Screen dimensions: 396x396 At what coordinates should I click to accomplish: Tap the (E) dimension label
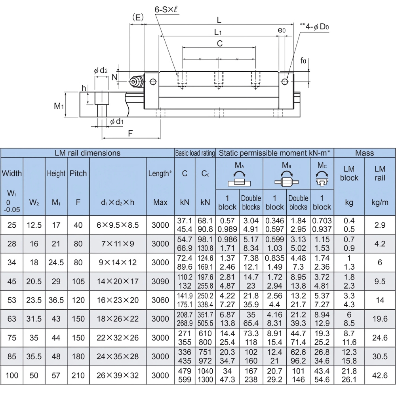[x=137, y=18]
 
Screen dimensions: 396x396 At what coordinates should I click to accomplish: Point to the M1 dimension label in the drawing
[x=59, y=106]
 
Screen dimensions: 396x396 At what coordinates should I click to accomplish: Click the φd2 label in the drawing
[x=101, y=70]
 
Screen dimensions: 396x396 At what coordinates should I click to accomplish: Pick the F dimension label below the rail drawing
[x=130, y=133]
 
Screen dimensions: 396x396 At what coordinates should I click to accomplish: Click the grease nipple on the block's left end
[x=135, y=81]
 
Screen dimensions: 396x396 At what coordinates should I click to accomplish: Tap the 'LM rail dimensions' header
[x=88, y=153]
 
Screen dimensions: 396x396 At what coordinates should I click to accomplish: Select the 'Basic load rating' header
[x=195, y=153]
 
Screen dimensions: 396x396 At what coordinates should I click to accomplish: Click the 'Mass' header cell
[x=364, y=153]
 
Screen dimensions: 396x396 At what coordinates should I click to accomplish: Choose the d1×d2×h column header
[x=118, y=202]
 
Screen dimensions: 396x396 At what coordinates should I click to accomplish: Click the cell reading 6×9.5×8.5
[x=118, y=225]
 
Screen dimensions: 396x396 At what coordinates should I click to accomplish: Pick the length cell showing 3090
[x=160, y=282]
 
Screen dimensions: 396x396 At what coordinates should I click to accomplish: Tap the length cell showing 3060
[x=160, y=300]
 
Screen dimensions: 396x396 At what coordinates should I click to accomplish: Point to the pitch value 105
[x=78, y=282]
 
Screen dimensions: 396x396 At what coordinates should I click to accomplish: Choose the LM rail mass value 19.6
[x=379, y=319]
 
